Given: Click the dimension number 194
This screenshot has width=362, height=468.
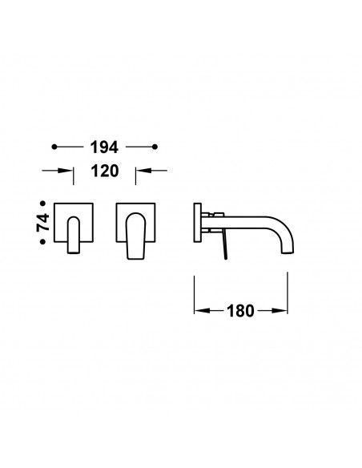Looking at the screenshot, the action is [104, 147].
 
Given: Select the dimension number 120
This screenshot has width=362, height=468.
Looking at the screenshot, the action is [105, 171].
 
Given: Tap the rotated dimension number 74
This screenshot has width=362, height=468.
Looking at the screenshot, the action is [43, 223].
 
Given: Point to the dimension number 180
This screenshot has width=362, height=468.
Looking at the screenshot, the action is [240, 311].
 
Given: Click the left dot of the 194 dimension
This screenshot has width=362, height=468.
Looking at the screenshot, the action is [54, 147].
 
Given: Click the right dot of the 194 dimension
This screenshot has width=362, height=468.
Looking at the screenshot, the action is [155, 147].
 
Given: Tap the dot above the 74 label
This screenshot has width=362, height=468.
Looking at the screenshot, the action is [43, 204].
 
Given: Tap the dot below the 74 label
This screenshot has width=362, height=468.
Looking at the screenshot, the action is [43, 242].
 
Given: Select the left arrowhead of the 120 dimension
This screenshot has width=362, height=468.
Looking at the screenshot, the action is [66, 171].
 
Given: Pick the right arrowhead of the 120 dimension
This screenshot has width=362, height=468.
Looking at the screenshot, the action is [143, 171].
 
